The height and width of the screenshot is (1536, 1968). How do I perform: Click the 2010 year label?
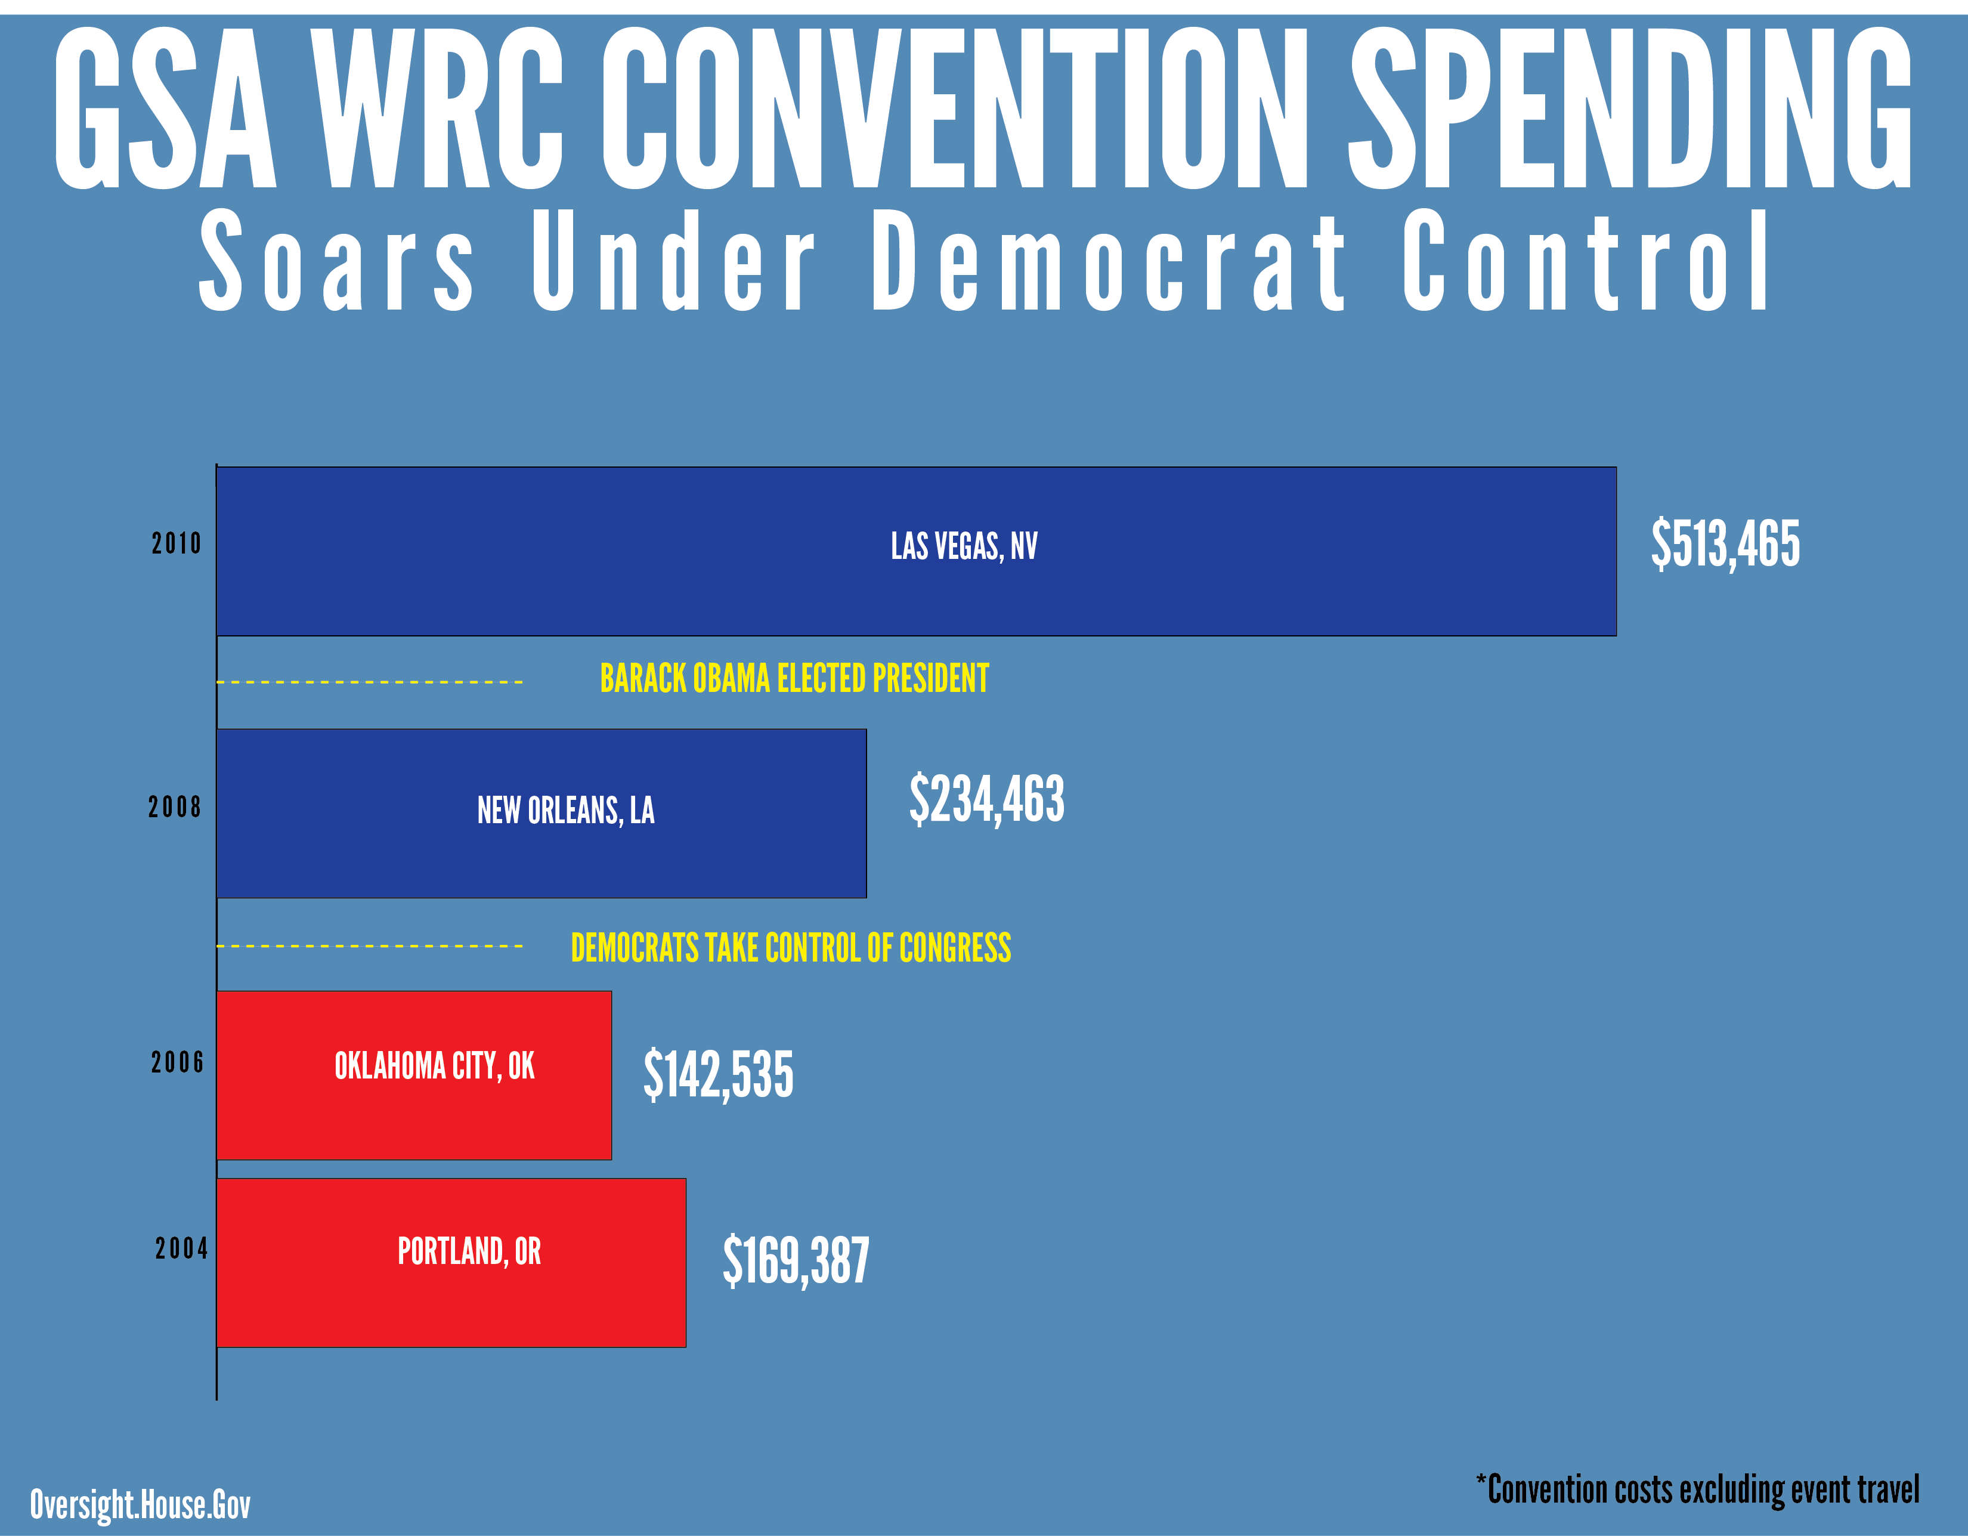[177, 543]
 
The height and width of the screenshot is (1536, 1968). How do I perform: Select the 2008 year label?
[175, 806]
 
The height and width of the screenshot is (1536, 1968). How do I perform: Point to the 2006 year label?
[178, 1063]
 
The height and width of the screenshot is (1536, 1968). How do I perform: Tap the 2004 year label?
[181, 1248]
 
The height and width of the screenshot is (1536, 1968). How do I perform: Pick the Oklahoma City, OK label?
[434, 1067]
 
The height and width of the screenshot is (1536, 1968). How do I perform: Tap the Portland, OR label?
[469, 1251]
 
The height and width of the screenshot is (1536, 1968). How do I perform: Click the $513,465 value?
[1725, 543]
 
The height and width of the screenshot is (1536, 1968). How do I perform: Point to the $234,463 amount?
[987, 799]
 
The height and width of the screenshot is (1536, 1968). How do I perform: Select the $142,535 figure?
[718, 1074]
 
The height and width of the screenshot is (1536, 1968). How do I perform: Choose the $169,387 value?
[796, 1260]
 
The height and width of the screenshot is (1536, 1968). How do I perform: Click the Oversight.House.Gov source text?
[141, 1504]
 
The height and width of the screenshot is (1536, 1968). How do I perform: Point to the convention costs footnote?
[1698, 1491]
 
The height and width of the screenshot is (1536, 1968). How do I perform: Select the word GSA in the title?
[165, 110]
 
